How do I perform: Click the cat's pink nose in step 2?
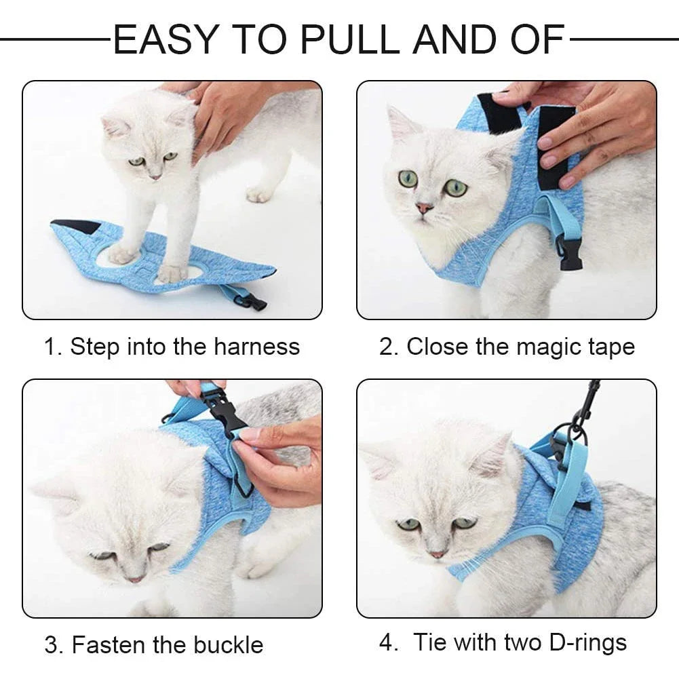coord(424,208)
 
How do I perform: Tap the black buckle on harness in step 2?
coord(570,254)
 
